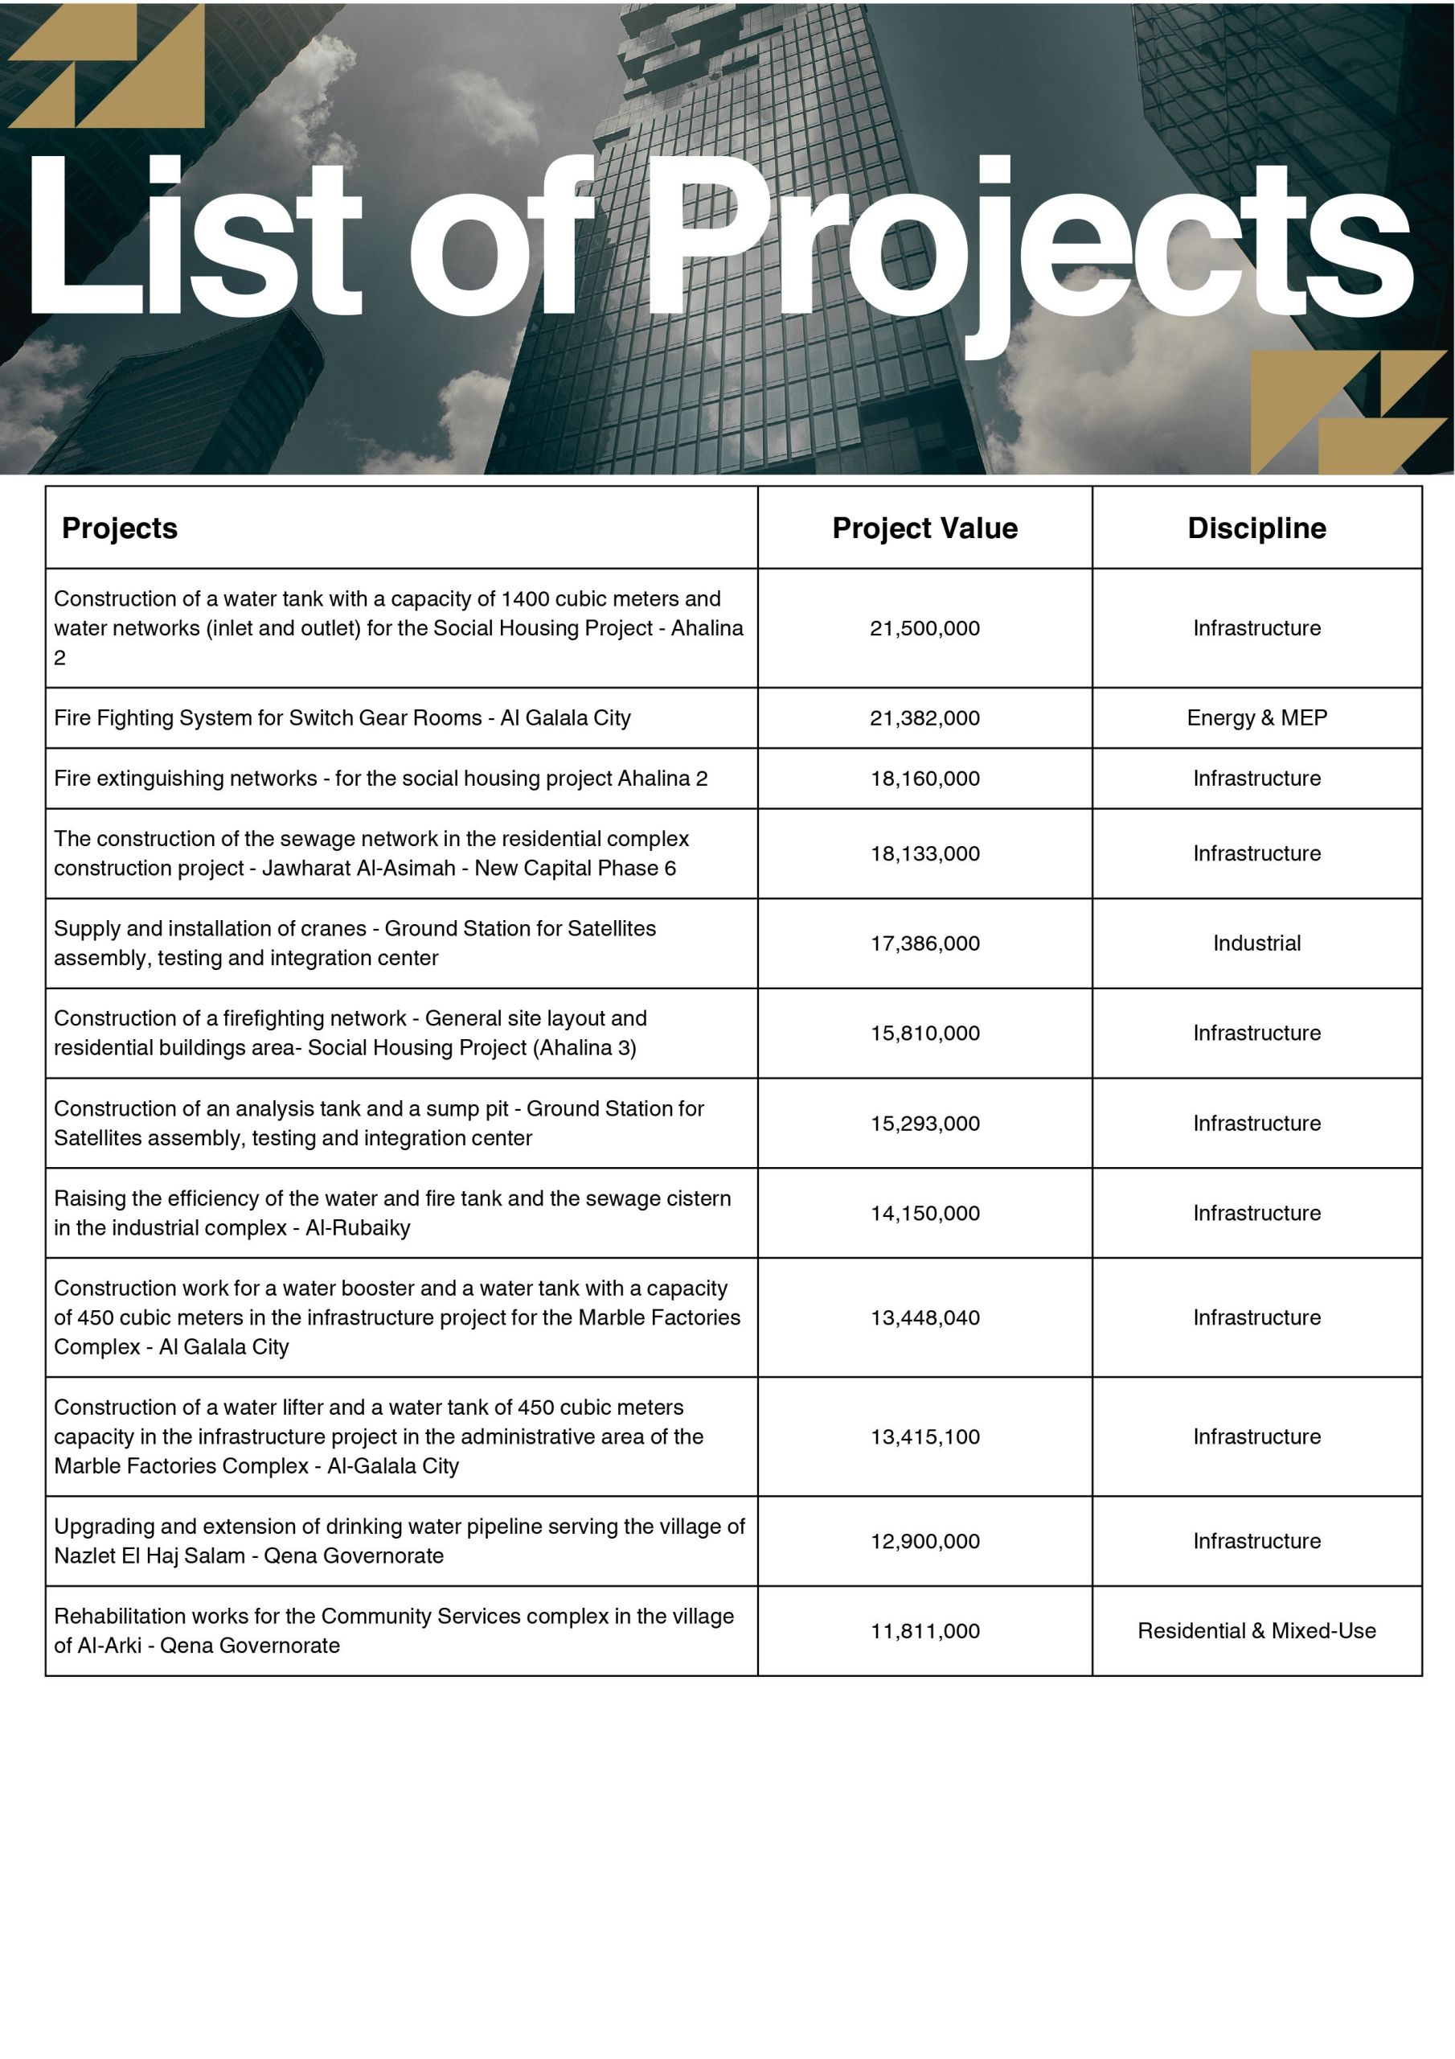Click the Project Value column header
pos(924,528)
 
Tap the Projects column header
pos(119,528)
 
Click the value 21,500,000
pos(924,627)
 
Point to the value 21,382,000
pos(924,717)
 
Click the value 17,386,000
pos(924,943)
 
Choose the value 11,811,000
pos(924,1630)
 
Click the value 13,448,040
pos(924,1317)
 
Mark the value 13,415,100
pos(924,1436)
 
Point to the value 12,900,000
pos(924,1541)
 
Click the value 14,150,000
pos(924,1212)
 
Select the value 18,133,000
pos(924,853)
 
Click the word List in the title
pos(193,237)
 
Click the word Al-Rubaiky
pos(358,1227)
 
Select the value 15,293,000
pos(924,1123)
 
